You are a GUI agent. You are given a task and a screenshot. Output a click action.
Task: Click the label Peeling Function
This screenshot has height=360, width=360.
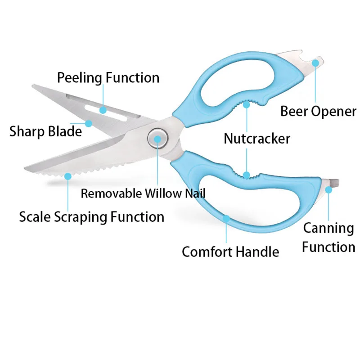[x=108, y=77]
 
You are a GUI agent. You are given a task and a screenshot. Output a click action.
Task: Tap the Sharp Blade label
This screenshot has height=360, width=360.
[x=46, y=131]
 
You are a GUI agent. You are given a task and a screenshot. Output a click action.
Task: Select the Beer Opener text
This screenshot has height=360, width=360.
[x=318, y=111]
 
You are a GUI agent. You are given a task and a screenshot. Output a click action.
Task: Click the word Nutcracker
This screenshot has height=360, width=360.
[x=257, y=139]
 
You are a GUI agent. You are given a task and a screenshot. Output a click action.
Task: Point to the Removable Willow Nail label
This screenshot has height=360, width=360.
[x=143, y=193]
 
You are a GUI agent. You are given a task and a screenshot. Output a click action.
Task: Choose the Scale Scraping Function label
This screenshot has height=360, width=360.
[x=91, y=217]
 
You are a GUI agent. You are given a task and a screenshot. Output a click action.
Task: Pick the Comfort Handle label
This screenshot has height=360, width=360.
[x=230, y=251]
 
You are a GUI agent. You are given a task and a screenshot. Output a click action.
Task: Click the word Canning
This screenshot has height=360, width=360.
[x=328, y=228]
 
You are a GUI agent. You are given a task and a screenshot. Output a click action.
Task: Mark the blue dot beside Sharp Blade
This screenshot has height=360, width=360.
[x=89, y=122]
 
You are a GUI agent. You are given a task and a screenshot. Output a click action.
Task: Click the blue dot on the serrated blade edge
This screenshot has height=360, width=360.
[x=67, y=176]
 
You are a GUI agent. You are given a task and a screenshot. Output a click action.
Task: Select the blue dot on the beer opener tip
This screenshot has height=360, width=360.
[x=315, y=63]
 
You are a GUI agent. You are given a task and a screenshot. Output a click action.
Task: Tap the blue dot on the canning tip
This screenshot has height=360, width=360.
[x=329, y=190]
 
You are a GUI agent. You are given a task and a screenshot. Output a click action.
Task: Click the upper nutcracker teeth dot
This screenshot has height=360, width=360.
[x=246, y=104]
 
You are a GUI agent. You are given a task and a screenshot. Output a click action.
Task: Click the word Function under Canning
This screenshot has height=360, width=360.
[x=328, y=247]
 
